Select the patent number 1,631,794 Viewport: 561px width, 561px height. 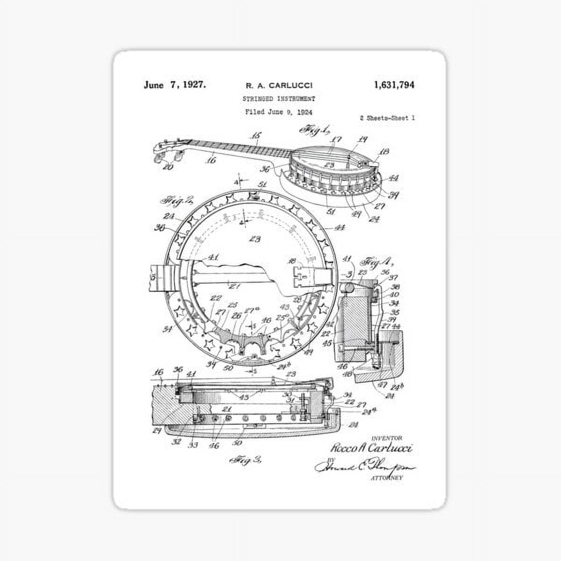394,85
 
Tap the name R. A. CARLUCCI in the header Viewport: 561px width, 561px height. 279,86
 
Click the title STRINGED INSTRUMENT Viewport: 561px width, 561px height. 279,99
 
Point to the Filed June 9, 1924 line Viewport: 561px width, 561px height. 279,112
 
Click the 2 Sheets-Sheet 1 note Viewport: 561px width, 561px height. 387,118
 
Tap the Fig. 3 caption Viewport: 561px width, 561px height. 246,460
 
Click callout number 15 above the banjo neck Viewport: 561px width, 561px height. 256,136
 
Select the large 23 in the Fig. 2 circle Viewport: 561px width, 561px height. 255,239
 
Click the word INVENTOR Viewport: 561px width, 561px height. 387,438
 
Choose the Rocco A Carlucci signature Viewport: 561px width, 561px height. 372,448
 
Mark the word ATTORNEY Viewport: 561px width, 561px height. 386,478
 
